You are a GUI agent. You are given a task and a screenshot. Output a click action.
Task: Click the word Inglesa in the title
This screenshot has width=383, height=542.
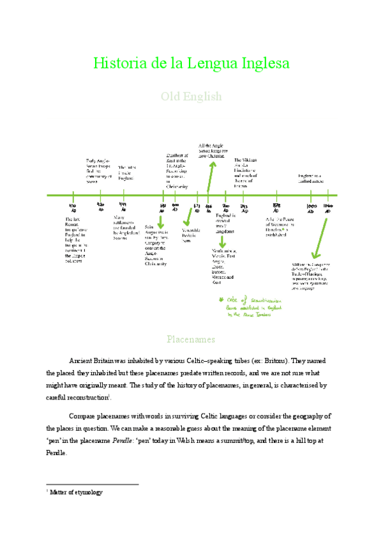tap(262, 64)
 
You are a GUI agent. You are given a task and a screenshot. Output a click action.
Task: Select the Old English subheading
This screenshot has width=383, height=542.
tap(191, 97)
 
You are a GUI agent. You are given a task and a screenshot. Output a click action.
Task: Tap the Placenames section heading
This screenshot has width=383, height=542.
tap(191, 339)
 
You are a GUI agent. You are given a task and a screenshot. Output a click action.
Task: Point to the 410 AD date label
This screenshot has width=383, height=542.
tap(73, 207)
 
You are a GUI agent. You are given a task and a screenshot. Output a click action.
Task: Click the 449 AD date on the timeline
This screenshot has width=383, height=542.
tap(123, 206)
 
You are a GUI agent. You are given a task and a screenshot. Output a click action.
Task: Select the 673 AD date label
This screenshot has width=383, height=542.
tap(197, 207)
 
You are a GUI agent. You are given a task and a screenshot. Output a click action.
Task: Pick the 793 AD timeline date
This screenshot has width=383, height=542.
tap(244, 207)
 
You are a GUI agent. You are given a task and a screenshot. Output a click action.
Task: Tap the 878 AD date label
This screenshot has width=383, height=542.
tap(276, 207)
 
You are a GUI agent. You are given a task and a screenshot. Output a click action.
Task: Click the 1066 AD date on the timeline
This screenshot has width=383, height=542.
tap(327, 208)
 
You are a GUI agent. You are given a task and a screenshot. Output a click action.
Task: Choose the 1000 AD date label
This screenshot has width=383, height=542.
tap(312, 208)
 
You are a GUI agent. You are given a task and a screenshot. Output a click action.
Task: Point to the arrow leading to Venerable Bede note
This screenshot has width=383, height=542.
tap(188, 216)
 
